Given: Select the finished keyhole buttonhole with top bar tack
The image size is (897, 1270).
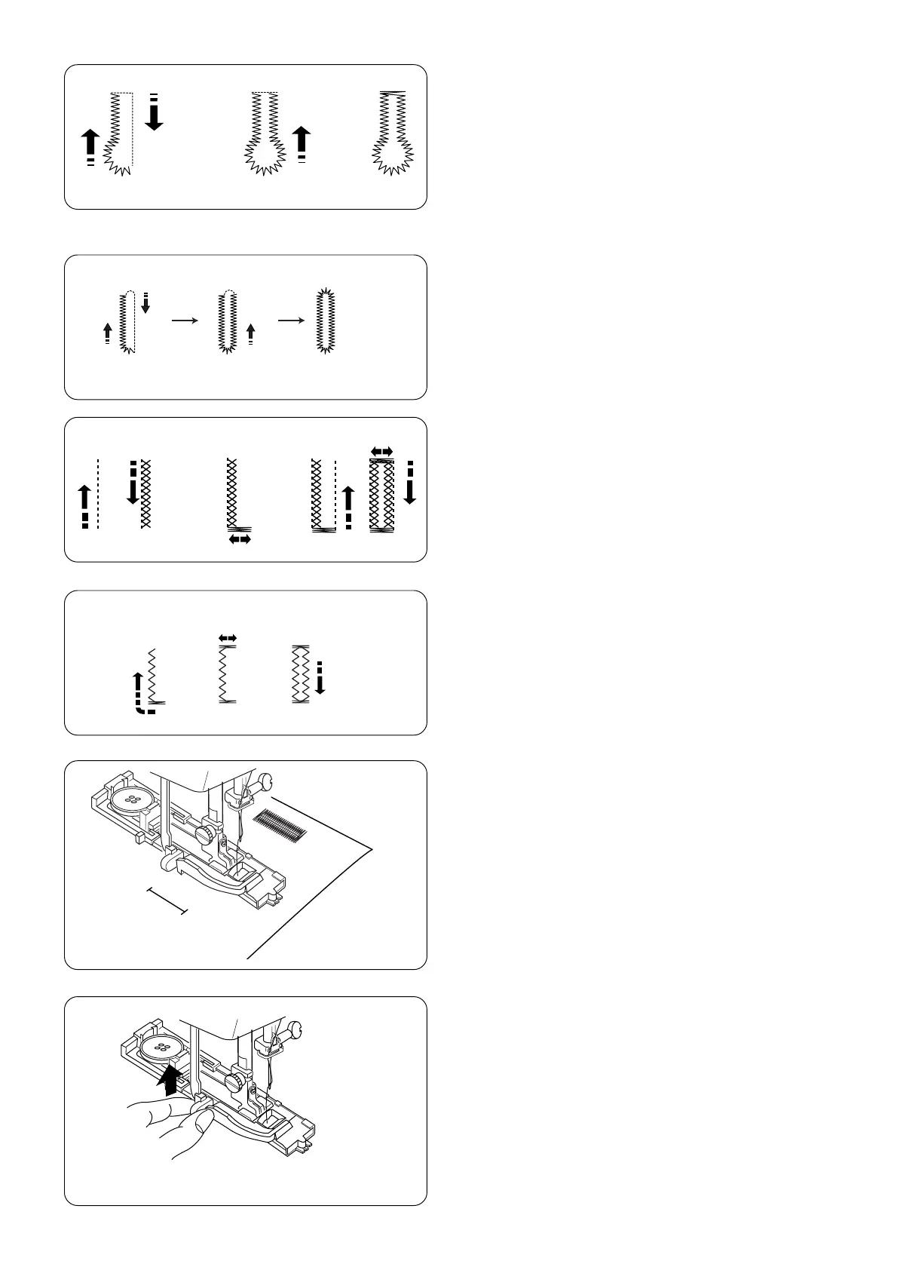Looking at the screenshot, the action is (393, 133).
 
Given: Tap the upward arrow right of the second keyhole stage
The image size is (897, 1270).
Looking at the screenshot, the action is (302, 143).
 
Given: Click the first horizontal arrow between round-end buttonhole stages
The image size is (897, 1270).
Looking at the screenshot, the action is (185, 321).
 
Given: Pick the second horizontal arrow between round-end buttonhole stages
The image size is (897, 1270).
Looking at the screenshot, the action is (292, 321).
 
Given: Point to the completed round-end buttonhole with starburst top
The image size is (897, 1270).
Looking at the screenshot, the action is (326, 321).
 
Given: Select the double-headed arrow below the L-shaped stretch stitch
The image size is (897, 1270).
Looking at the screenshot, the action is (240, 539).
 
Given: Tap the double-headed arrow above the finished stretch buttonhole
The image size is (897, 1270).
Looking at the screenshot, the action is (382, 451).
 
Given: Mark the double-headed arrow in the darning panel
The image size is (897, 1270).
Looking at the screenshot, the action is (227, 638).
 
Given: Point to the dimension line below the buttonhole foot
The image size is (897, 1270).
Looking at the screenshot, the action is (166, 902).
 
